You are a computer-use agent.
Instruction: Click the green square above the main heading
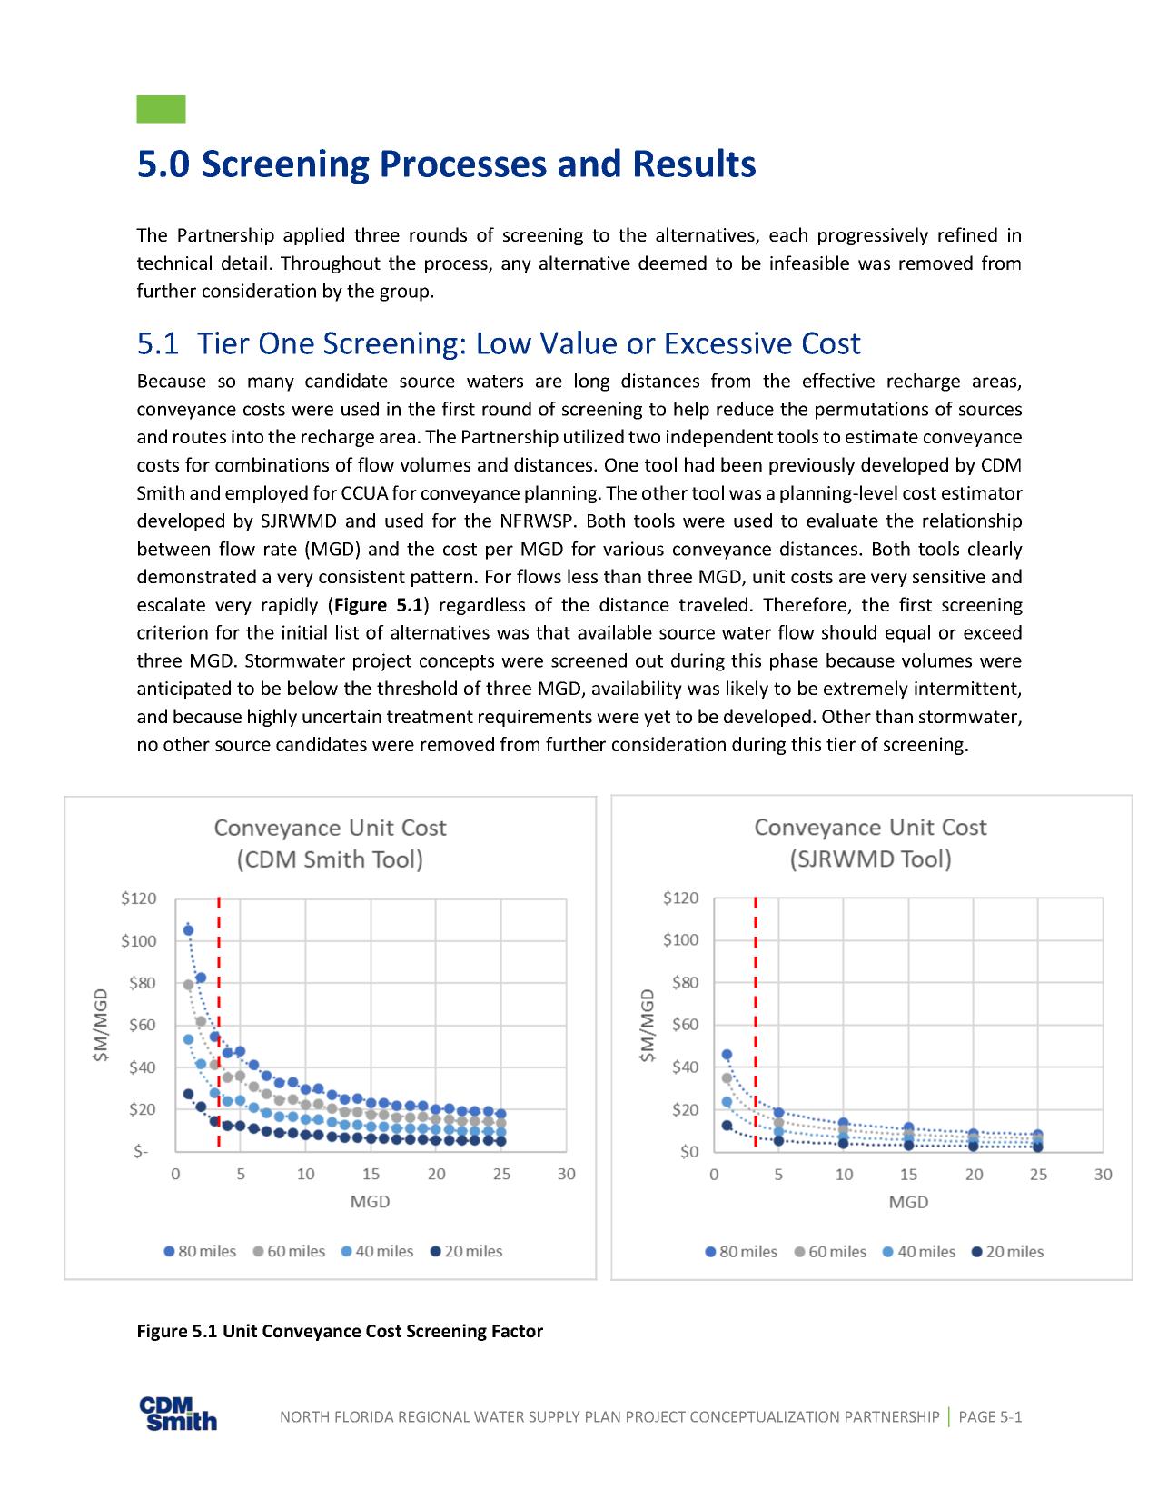coord(161,109)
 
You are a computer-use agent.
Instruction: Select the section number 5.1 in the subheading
coord(158,344)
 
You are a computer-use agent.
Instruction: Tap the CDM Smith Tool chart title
coord(330,843)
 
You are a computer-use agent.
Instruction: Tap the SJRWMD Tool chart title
coord(870,843)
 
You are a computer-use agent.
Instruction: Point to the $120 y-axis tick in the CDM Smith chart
coord(139,898)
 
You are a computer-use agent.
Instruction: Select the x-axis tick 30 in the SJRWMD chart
coord(1103,1175)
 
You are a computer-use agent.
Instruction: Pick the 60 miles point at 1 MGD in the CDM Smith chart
coord(188,985)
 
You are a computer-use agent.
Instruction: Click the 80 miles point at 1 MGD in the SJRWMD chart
coord(727,1055)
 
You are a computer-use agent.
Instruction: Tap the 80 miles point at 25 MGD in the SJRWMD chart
coord(1038,1135)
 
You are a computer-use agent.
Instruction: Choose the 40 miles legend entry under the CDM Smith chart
coord(377,1252)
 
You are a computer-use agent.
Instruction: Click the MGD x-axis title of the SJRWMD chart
coord(908,1202)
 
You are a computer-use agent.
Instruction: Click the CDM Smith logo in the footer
coord(178,1414)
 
